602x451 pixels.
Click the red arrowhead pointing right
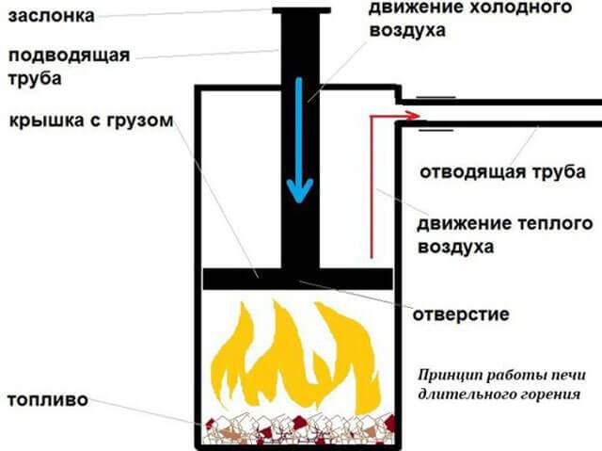[411, 116]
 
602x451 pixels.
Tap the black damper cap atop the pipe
[301, 10]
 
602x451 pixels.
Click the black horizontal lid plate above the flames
[297, 279]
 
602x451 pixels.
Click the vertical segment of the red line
[372, 188]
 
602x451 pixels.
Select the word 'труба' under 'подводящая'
[39, 78]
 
